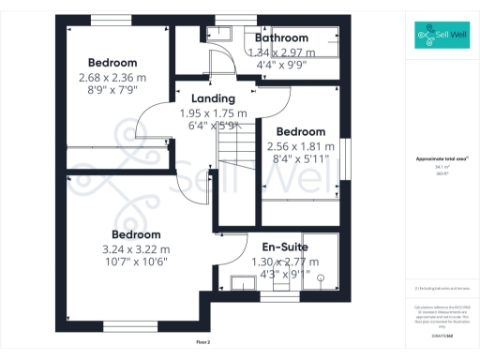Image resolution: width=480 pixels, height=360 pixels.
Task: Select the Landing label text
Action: pyautogui.click(x=213, y=98)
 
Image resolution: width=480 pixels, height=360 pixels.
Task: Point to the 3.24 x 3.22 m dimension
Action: pyautogui.click(x=136, y=249)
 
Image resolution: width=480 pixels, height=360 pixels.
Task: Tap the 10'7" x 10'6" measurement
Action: pyautogui.click(x=136, y=263)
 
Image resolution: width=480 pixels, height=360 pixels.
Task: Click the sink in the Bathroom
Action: pyautogui.click(x=222, y=36)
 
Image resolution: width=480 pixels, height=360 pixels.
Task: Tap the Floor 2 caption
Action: pyautogui.click(x=203, y=342)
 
